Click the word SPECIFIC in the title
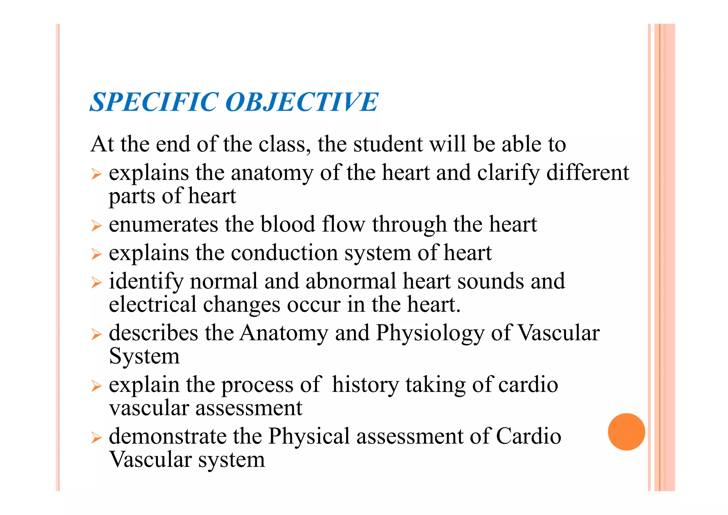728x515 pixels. [154, 102]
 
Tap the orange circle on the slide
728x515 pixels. [626, 432]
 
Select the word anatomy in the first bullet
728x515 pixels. [272, 173]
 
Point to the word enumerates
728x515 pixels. [164, 224]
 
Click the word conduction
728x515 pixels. [284, 253]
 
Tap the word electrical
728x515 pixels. [152, 304]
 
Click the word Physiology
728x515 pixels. [430, 333]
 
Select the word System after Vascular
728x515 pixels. [144, 356]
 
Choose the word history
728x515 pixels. [365, 385]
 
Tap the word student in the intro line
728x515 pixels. [388, 144]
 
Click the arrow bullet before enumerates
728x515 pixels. [96, 225]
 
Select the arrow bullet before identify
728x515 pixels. [96, 282]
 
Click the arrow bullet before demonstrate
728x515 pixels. [96, 437]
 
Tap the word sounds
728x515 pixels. [491, 281]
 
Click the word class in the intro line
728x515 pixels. [283, 144]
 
